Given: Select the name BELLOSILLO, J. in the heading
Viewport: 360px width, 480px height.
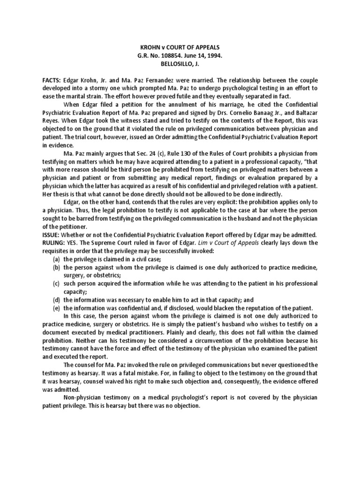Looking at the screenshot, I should coord(180,64).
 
